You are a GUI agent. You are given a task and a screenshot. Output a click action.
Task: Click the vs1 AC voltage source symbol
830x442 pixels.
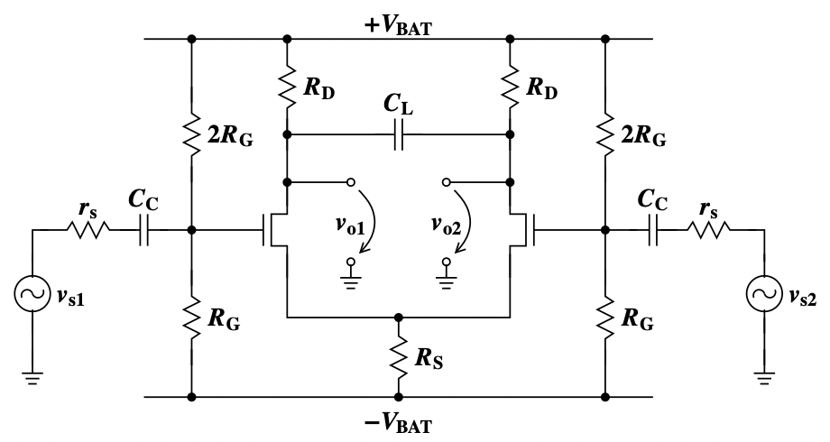tap(32, 294)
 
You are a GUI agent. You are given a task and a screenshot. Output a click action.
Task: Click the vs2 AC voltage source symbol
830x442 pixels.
tap(764, 294)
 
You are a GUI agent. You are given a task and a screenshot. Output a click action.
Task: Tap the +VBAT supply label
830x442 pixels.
tap(398, 25)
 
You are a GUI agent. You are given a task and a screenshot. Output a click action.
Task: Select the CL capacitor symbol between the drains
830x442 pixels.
tap(399, 135)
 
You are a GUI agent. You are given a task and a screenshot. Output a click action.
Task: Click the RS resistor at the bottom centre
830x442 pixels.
tap(399, 357)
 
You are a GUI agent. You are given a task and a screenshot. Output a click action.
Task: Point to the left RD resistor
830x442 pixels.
tap(287, 87)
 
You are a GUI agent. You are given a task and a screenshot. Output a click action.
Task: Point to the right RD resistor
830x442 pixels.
tap(510, 87)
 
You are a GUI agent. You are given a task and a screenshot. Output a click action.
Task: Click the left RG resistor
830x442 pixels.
tap(191, 318)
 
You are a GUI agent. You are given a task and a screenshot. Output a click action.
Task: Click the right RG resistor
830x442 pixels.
tap(605, 318)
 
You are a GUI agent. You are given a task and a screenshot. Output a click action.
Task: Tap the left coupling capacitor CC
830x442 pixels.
tap(144, 230)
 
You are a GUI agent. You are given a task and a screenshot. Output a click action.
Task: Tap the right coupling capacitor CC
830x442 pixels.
tap(653, 230)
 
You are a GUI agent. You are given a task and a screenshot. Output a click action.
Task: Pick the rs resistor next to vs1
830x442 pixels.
tap(88, 230)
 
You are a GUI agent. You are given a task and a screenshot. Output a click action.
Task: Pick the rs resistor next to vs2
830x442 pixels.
tap(709, 230)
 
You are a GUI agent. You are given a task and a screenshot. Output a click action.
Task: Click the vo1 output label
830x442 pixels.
tap(350, 226)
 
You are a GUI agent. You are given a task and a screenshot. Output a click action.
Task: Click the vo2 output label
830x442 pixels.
tap(447, 226)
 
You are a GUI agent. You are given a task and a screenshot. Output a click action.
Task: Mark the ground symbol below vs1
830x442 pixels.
tap(32, 379)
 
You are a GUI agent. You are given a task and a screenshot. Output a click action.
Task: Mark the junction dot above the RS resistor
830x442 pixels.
tap(399, 318)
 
